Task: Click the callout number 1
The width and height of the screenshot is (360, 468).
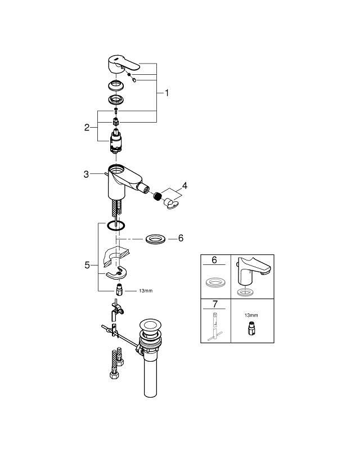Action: click(x=166, y=93)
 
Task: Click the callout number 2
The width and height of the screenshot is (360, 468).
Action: click(x=87, y=128)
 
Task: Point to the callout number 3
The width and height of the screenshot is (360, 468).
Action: click(x=86, y=174)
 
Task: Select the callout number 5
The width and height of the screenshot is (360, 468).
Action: click(x=87, y=264)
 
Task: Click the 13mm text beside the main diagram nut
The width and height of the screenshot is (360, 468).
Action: click(x=130, y=291)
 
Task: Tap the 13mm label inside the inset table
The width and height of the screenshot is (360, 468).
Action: click(x=250, y=316)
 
